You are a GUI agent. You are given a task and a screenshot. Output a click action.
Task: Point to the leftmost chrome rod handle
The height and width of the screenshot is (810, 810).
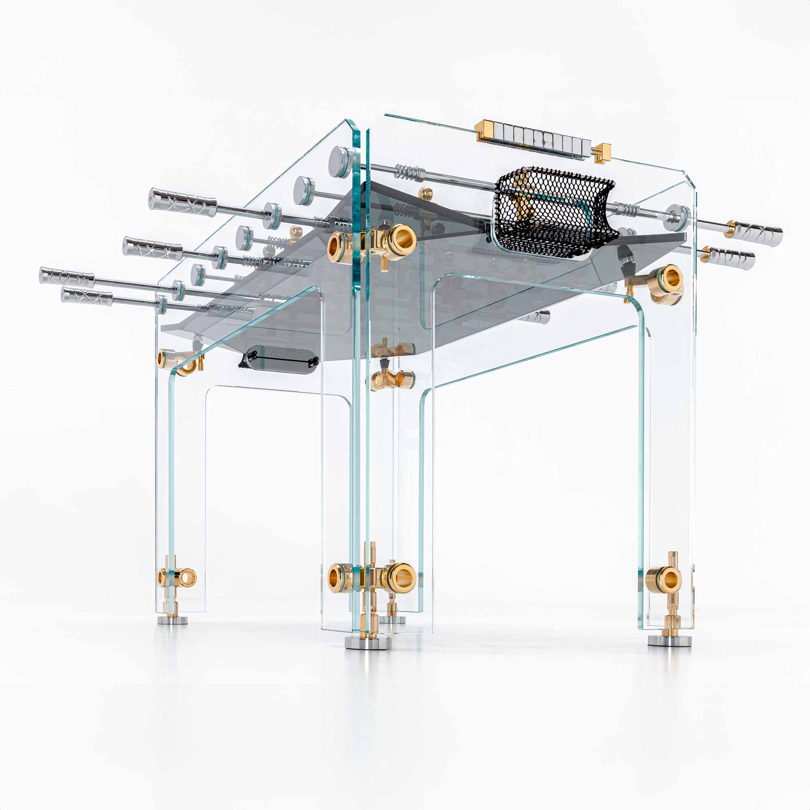coord(67,275)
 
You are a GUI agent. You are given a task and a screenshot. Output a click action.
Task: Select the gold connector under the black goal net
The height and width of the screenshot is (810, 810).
coord(661,283)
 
